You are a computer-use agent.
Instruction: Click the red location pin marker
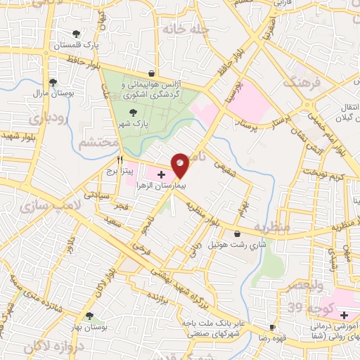(180, 165)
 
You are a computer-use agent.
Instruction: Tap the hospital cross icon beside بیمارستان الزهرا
(161, 173)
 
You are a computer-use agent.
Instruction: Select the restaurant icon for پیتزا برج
(120, 160)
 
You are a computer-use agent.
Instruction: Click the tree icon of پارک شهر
(132, 112)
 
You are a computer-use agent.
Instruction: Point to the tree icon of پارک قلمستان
(76, 34)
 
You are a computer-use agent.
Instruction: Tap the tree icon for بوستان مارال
(53, 82)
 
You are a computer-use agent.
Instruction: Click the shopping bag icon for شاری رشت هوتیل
(236, 234)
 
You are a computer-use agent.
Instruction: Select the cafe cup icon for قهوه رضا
(272, 328)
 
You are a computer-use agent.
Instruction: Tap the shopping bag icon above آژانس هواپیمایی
(151, 73)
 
